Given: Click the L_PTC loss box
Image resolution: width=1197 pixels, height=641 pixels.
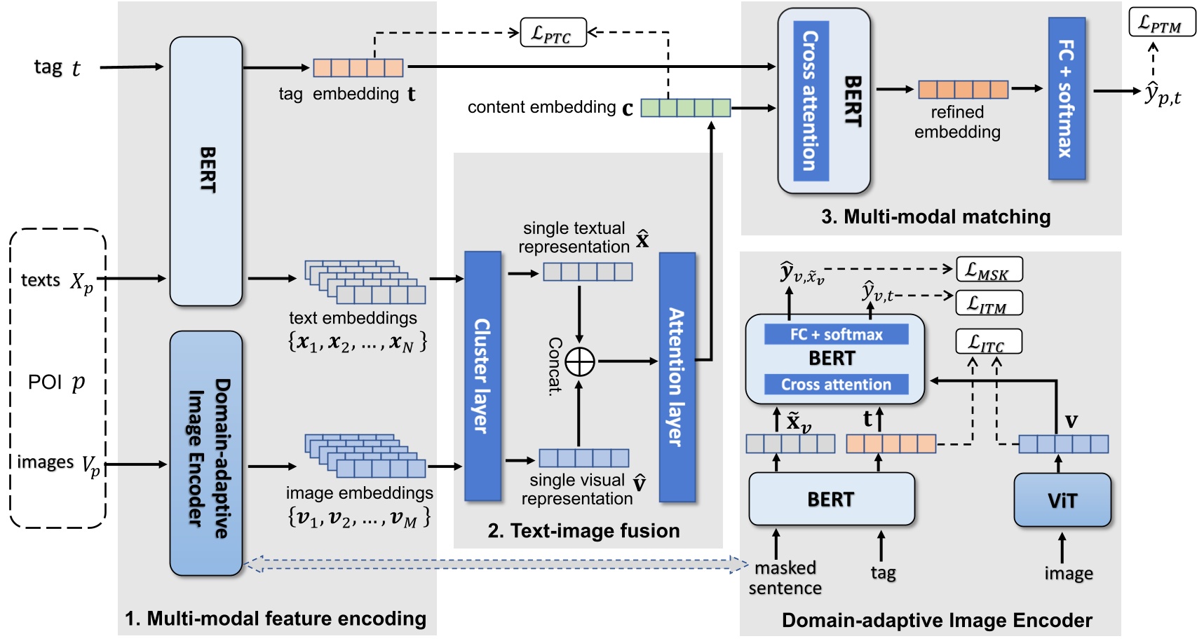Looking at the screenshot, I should pyautogui.click(x=553, y=33).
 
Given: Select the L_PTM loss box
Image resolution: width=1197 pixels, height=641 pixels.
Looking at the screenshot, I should pyautogui.click(x=1161, y=23).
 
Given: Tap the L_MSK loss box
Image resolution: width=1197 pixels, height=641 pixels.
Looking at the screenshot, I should pyautogui.click(x=989, y=270).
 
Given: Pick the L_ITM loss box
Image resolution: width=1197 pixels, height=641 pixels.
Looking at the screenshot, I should pyautogui.click(x=989, y=303).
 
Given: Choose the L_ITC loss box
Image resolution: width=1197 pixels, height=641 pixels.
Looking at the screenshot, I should pyautogui.click(x=989, y=342).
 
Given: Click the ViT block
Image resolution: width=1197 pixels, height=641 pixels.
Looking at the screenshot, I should pyautogui.click(x=1062, y=500).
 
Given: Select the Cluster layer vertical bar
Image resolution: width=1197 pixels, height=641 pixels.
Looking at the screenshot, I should pyautogui.click(x=482, y=376).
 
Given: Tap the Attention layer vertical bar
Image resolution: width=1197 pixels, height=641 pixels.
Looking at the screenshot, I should pyautogui.click(x=677, y=377).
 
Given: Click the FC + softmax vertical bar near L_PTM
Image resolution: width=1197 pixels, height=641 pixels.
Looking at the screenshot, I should pyautogui.click(x=1066, y=98).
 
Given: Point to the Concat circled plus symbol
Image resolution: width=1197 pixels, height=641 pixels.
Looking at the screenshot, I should pyautogui.click(x=580, y=361).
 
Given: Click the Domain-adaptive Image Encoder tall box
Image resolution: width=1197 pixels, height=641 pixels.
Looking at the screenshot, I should pyautogui.click(x=205, y=453).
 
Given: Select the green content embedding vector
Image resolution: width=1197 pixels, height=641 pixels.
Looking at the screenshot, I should pyautogui.click(x=685, y=107).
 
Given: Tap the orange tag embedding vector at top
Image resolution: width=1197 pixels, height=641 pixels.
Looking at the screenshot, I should pyautogui.click(x=358, y=68).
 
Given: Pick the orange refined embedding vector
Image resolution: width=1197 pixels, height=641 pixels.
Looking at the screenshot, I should pyautogui.click(x=963, y=89).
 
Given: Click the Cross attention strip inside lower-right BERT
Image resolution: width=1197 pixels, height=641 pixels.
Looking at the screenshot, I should pyautogui.click(x=835, y=384).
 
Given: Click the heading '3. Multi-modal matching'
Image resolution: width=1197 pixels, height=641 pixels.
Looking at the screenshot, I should pyautogui.click(x=935, y=216).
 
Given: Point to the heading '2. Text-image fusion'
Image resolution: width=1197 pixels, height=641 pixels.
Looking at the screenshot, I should pyautogui.click(x=583, y=530).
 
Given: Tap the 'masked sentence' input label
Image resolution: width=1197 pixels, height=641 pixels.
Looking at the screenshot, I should pyautogui.click(x=785, y=577).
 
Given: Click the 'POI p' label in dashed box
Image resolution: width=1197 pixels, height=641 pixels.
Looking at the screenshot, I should pyautogui.click(x=56, y=382).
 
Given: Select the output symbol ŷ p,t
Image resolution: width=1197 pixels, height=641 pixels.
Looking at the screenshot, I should pyautogui.click(x=1163, y=93).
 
